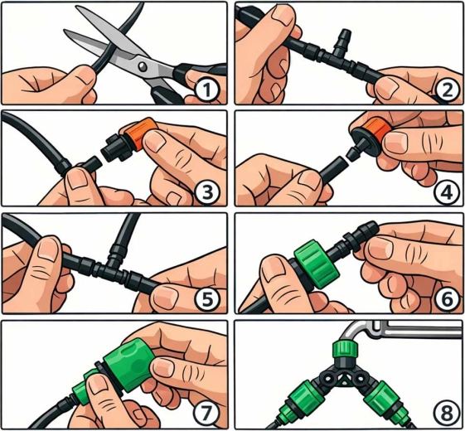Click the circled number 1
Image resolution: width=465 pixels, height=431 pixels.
[207, 90]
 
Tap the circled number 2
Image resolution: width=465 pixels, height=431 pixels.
[447, 90]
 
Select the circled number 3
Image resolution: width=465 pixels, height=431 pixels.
[207, 191]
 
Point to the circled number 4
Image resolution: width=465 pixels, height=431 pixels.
[447, 192]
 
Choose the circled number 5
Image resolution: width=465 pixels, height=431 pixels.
[207, 298]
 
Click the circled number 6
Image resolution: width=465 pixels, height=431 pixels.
[447, 298]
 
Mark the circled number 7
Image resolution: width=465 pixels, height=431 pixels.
[206, 412]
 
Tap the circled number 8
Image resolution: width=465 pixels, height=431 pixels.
[446, 413]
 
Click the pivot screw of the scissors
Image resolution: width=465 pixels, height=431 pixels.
[143, 66]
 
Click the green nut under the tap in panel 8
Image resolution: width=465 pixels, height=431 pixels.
[345, 350]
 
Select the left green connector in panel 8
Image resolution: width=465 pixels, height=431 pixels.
[301, 399]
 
